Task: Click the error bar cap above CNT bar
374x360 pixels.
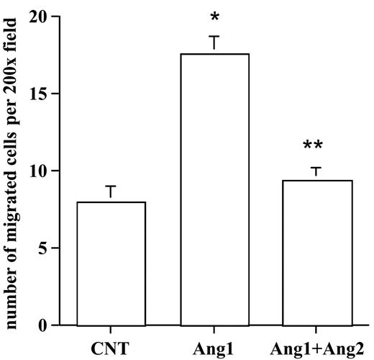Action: (111, 187)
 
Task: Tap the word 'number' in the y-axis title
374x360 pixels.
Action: (10, 295)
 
